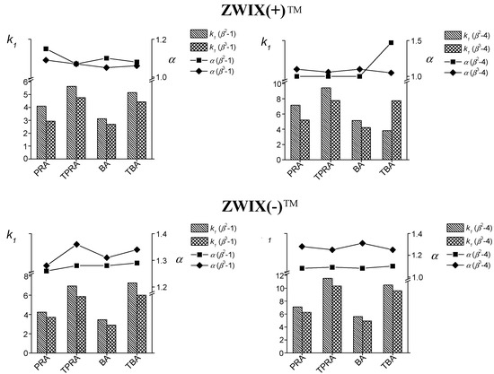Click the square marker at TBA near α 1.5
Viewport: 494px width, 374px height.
click(391, 42)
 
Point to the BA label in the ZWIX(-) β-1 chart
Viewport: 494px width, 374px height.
click(103, 358)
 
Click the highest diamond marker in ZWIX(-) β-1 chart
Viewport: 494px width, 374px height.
click(76, 244)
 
